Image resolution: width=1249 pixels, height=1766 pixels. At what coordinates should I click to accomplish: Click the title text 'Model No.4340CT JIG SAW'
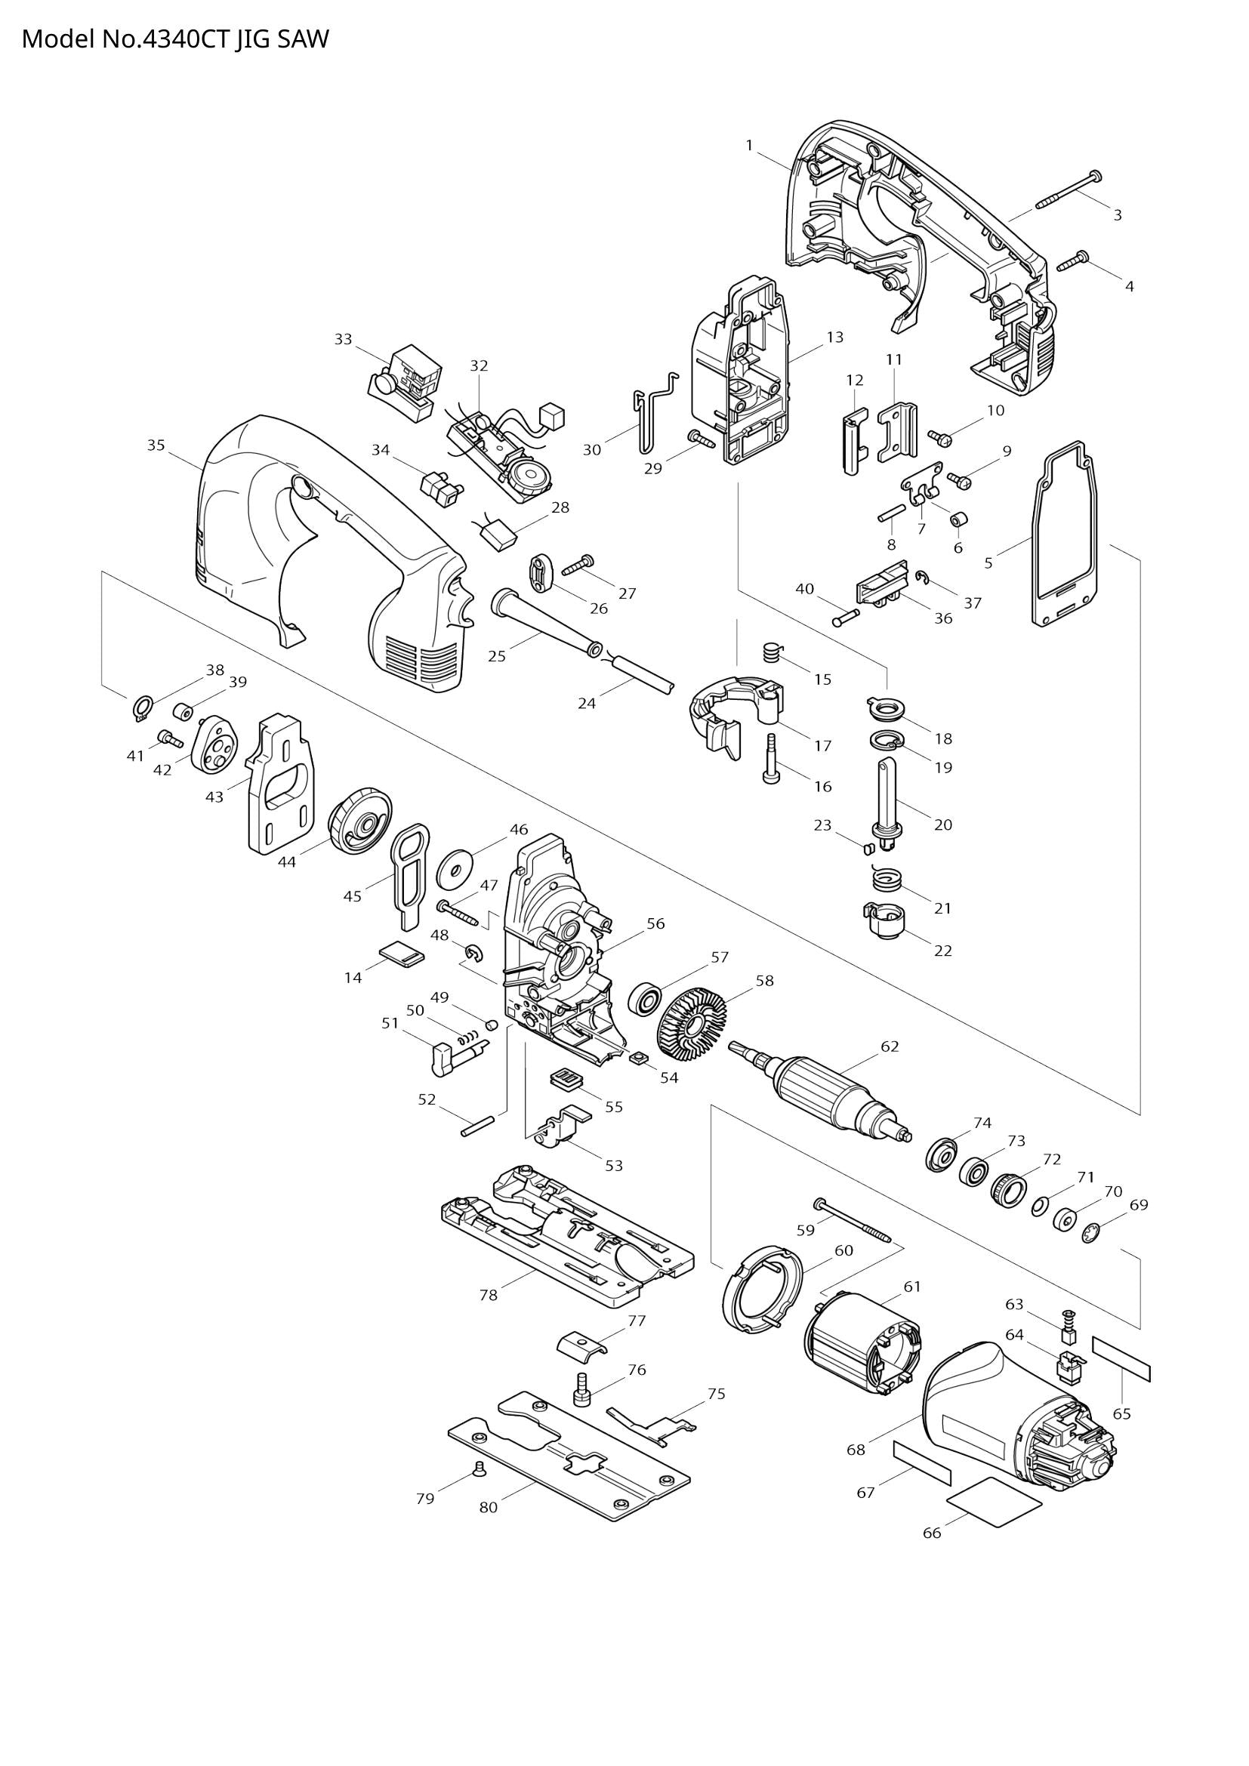(x=174, y=39)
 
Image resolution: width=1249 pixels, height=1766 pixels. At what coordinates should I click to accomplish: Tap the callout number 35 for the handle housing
(x=156, y=445)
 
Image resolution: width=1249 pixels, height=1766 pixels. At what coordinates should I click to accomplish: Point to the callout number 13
(x=835, y=337)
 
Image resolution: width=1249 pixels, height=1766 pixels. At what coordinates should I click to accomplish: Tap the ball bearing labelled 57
(x=644, y=1000)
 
